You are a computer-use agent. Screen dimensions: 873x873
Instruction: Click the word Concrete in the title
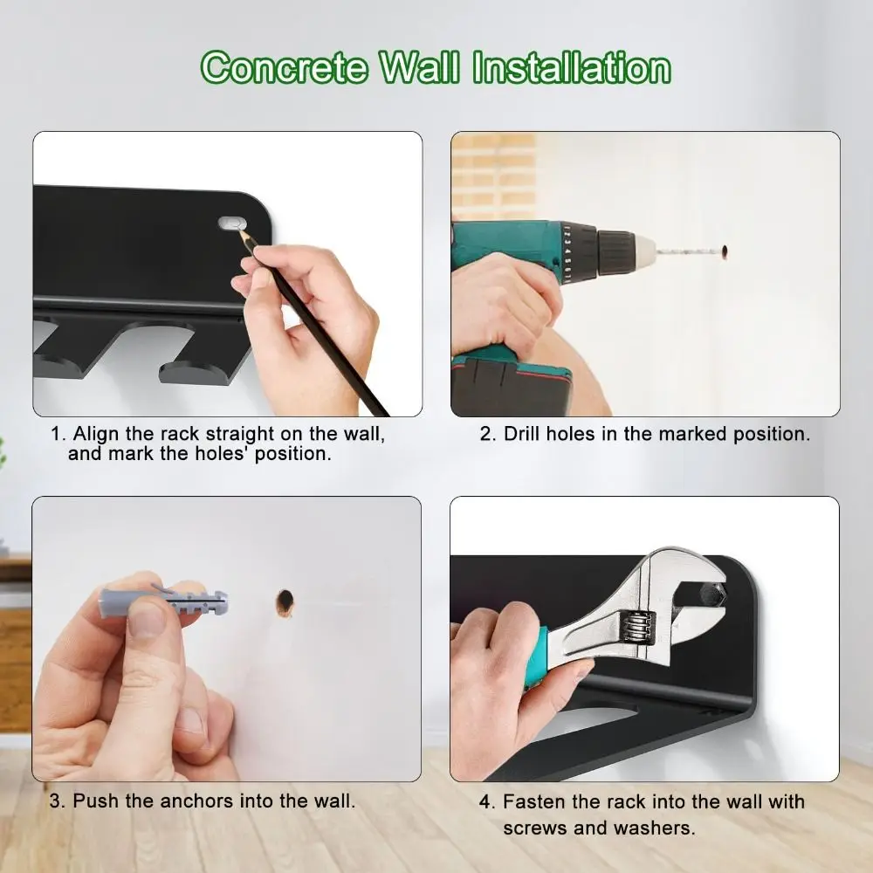coord(285,67)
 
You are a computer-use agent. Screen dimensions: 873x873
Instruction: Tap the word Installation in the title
coord(572,67)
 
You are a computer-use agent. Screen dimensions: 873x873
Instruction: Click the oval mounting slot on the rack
coord(232,223)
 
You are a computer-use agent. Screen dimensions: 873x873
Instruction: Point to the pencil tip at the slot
coord(241,230)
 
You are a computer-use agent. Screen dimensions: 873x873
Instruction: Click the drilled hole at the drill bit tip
coord(724,251)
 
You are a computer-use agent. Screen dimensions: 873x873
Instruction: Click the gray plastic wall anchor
coord(164,601)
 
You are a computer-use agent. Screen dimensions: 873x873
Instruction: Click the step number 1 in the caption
coord(57,434)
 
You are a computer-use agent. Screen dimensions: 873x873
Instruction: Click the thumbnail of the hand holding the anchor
coord(227,639)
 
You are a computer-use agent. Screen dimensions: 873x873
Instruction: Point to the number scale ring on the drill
coord(566,253)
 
